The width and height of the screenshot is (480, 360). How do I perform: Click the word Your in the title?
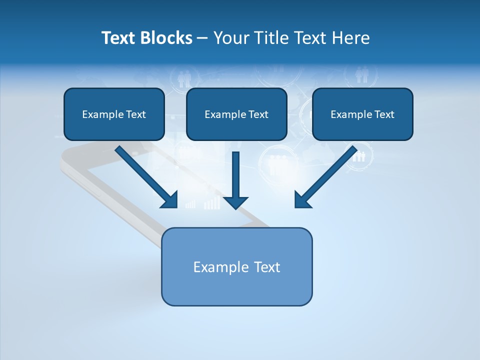tap(232, 38)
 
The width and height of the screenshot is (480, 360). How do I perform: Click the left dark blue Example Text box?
tap(114, 114)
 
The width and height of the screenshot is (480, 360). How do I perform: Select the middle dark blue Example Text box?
tap(236, 114)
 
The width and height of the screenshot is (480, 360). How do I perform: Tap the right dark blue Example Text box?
tap(362, 114)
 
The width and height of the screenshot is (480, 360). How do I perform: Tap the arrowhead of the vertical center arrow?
tap(235, 202)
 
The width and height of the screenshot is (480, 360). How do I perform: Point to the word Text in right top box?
tap(384, 114)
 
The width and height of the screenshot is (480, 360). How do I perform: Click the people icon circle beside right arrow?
tap(359, 156)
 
